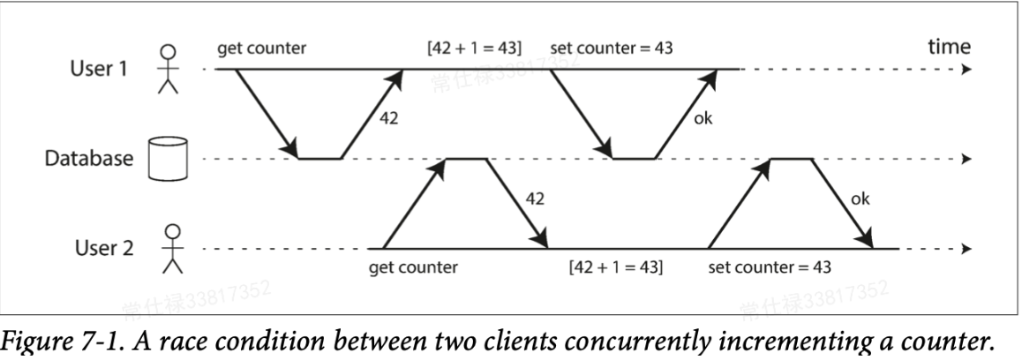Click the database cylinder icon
pos(162,159)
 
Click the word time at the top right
pos(948,46)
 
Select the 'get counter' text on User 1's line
pos(263,48)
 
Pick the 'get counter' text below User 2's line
pos(414,267)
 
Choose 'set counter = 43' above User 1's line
pos(611,48)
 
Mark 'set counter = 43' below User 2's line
pos(770,267)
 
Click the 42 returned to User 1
pos(388,118)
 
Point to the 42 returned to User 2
pos(535,199)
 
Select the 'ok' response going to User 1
pos(703,118)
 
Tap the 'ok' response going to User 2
pos(860,199)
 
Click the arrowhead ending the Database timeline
pos(966,160)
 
